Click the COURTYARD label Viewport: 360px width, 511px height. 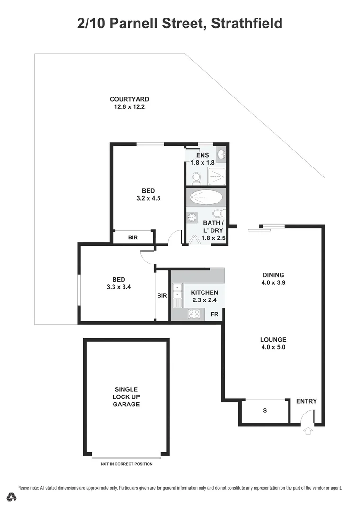129,99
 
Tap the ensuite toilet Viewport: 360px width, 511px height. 196,178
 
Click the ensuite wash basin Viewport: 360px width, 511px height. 221,153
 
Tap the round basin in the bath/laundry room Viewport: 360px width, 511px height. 192,218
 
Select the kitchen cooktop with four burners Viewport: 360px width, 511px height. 194,314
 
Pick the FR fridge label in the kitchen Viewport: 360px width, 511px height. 214,314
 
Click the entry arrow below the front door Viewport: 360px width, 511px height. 308,431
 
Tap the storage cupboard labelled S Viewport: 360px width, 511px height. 265,411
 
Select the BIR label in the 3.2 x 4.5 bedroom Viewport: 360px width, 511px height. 132,238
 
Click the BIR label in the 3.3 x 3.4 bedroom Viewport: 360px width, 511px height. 162,296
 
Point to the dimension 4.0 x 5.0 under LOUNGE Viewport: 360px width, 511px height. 273,347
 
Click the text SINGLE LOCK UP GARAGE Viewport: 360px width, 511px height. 126,397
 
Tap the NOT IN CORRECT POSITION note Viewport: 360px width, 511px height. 127,464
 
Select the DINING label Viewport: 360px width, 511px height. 273,275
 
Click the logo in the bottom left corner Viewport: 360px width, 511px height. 12,496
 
